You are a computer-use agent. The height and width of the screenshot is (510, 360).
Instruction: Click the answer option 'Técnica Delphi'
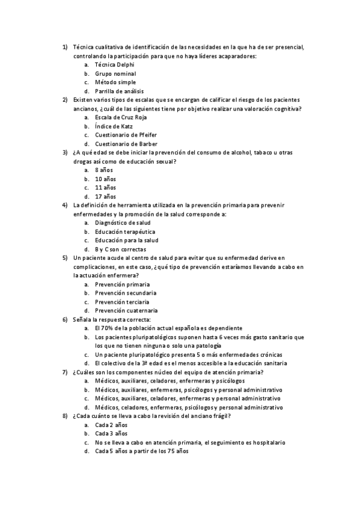(114, 64)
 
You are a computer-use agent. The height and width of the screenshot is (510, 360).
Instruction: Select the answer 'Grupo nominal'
(115, 73)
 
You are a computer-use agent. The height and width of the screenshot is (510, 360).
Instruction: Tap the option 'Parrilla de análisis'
(120, 91)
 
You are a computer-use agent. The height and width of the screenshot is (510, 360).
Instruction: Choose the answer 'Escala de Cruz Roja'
(121, 117)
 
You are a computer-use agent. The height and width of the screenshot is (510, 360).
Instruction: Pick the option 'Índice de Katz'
(114, 126)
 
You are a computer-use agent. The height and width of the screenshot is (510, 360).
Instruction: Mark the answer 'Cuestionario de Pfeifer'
(126, 135)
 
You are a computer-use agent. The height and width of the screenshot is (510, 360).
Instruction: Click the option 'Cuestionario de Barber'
(126, 144)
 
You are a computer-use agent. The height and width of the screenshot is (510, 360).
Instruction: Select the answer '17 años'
(105, 197)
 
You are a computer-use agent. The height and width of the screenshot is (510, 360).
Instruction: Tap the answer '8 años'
(104, 170)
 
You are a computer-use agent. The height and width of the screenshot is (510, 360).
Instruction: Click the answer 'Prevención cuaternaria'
(126, 311)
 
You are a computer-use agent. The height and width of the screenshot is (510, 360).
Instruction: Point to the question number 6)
(65, 319)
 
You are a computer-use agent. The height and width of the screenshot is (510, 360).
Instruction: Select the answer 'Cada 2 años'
(111, 425)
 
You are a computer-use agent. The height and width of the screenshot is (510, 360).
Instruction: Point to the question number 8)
(65, 416)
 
